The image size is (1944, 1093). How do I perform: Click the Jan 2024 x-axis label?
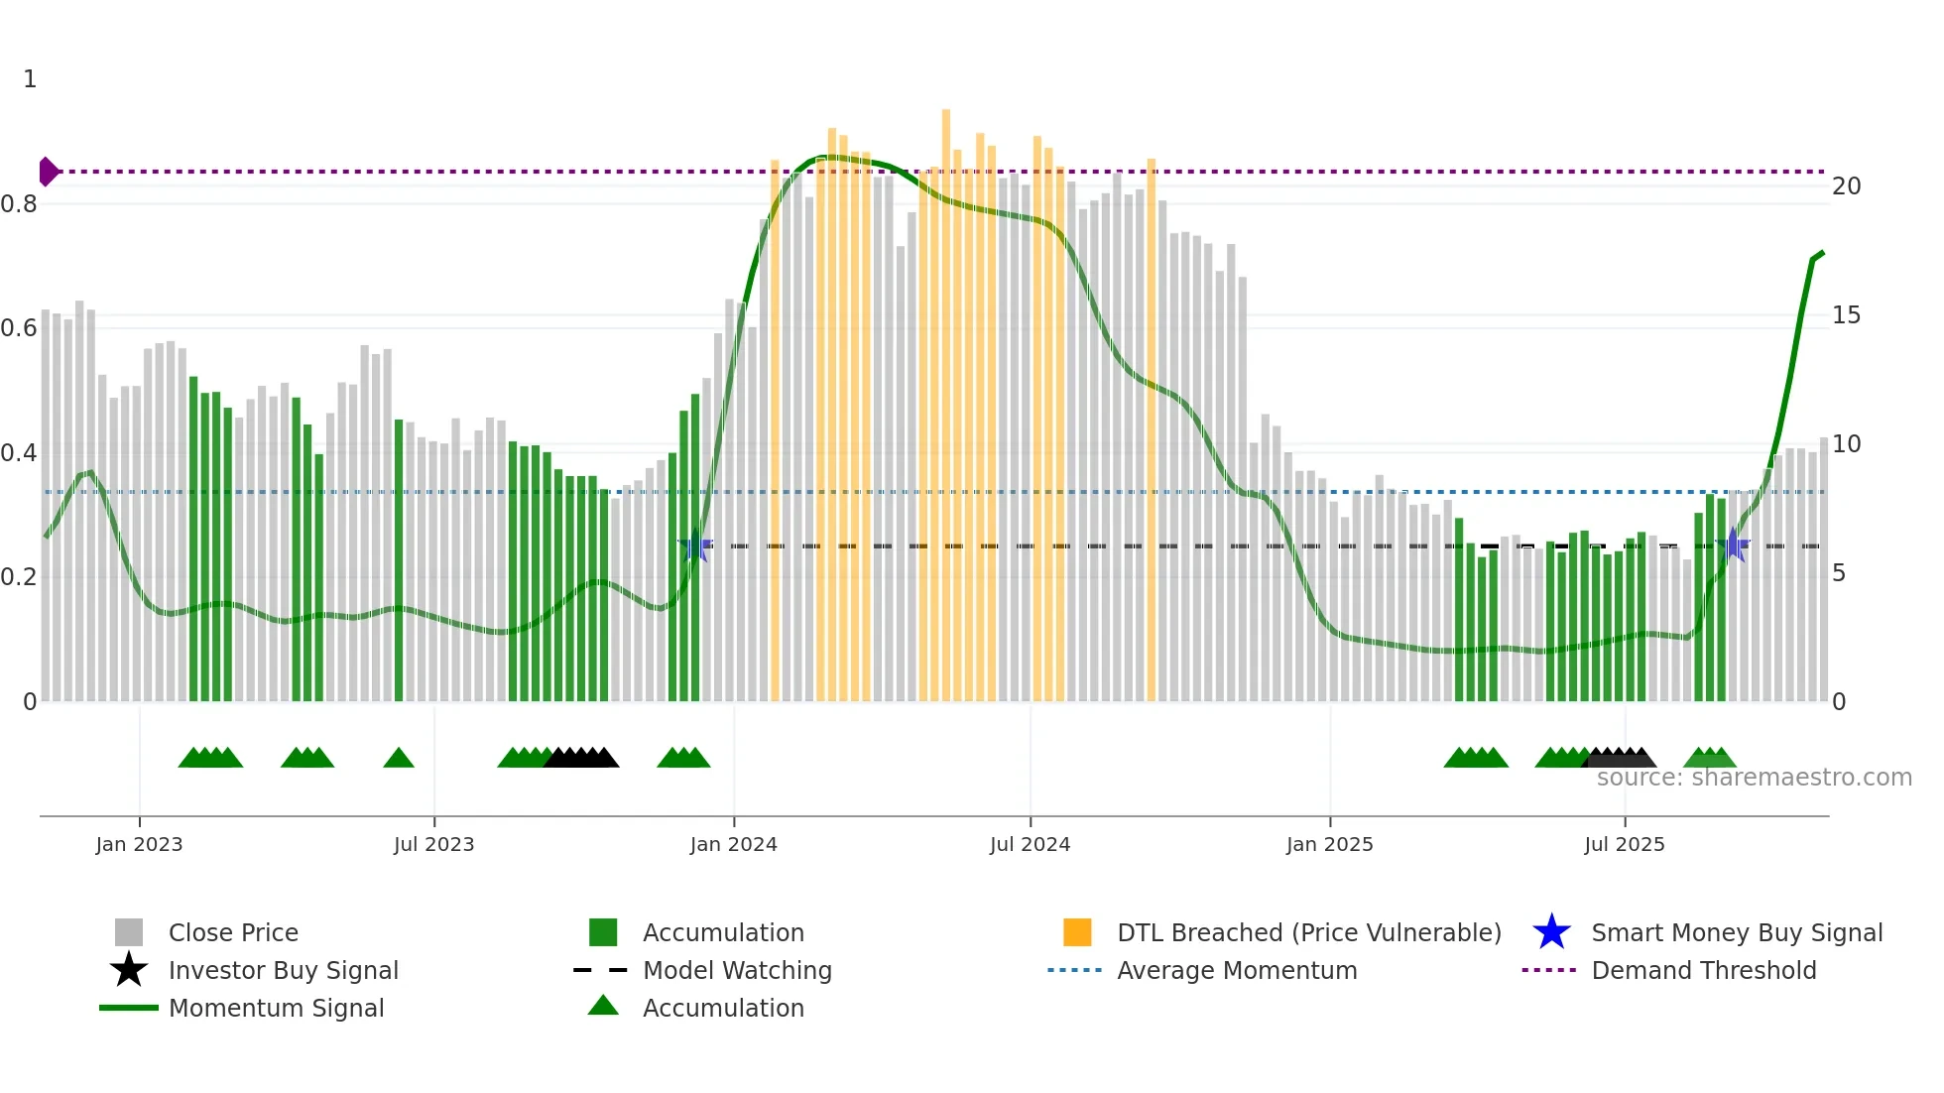point(733,844)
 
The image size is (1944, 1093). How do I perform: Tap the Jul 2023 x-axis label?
point(433,844)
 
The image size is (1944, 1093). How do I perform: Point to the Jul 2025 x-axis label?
point(1624,844)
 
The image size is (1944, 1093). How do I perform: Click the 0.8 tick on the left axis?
point(19,204)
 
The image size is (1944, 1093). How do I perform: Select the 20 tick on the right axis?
point(1846,186)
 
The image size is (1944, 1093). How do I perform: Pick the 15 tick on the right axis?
point(1846,315)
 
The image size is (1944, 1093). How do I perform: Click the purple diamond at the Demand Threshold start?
point(48,172)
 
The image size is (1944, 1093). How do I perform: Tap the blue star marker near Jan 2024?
point(695,546)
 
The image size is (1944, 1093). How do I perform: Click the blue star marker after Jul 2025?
point(1732,545)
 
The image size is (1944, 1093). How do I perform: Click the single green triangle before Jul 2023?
point(399,759)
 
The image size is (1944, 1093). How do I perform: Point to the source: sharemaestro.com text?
point(1754,778)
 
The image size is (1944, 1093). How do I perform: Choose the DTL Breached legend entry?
point(1308,932)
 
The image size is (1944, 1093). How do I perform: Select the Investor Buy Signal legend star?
point(129,970)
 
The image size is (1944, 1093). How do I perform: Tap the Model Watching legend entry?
point(736,970)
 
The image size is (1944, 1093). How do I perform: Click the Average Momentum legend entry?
point(1236,970)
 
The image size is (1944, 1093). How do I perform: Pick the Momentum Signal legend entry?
point(276,1008)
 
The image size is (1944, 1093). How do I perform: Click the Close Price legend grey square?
point(129,932)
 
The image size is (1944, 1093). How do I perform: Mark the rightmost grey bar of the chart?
point(1823,570)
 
